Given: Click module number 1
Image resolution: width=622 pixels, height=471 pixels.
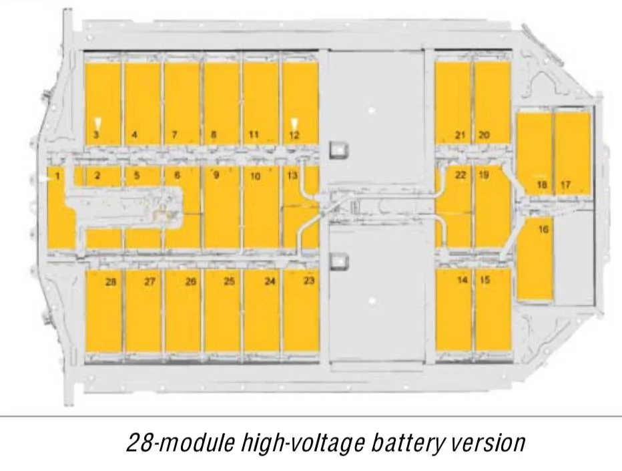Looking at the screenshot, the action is [x=58, y=176].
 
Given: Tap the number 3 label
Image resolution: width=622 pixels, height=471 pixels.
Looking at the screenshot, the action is [x=96, y=135].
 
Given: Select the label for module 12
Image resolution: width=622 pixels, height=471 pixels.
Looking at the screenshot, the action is [x=294, y=136].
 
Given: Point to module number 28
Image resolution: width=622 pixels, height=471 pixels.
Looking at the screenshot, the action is [x=111, y=282].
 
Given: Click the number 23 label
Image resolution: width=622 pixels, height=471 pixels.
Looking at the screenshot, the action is [x=308, y=281].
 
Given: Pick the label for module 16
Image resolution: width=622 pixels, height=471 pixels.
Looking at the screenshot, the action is [x=543, y=230].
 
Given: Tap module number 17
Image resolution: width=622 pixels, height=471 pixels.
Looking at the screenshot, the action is [x=566, y=184].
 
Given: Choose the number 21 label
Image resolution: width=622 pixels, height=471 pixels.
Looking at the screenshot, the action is [x=460, y=135].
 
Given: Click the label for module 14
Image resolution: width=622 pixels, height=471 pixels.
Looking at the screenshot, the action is [x=462, y=280].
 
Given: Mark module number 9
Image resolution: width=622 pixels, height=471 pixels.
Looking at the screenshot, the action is [x=216, y=175].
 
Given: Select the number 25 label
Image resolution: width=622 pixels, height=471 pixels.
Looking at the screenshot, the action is [x=230, y=281].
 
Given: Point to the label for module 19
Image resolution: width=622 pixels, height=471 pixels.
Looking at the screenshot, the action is [x=484, y=175].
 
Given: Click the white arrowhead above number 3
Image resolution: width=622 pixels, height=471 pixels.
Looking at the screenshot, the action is [x=97, y=124].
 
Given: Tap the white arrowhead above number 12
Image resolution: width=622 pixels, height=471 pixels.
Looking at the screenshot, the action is [x=294, y=124].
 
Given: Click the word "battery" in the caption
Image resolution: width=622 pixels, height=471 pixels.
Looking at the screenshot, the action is [x=404, y=443].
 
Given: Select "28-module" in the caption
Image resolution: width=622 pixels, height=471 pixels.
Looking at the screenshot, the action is [x=180, y=442].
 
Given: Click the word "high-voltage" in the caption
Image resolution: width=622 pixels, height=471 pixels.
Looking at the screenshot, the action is [x=303, y=443].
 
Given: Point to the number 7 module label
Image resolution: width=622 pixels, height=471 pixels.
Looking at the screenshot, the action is [x=174, y=135].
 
